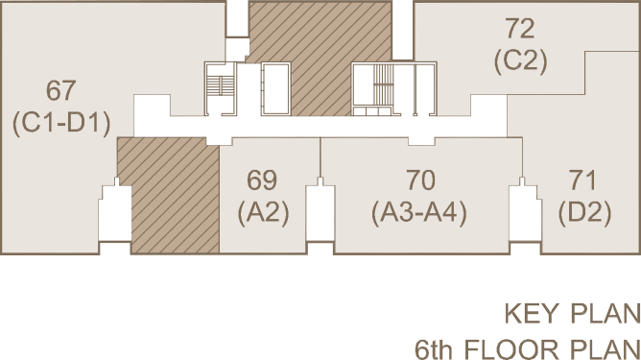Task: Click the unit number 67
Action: point(60,91)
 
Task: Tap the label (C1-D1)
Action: point(61,123)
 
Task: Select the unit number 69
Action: point(262,180)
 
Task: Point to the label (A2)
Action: point(263,213)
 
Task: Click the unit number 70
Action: point(421,180)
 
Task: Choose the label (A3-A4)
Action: point(419,213)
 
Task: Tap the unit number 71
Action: point(582,180)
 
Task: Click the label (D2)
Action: point(585,213)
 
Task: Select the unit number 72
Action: point(520,29)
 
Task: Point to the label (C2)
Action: point(520,61)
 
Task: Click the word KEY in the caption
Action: point(531,314)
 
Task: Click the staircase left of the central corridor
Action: point(220,88)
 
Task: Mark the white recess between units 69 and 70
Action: point(320,213)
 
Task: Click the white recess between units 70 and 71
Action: point(525,213)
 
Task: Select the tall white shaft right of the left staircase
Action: point(276,88)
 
